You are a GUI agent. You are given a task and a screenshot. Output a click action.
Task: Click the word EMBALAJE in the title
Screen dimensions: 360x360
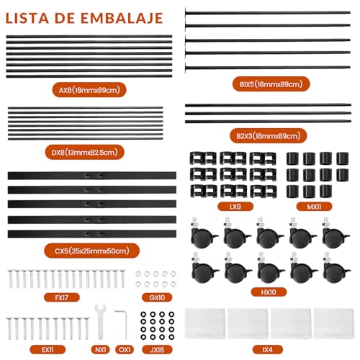tap(122, 18)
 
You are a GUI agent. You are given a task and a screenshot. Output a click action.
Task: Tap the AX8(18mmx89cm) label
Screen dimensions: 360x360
tap(89, 90)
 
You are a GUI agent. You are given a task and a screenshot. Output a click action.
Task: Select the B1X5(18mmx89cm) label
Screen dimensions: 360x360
tap(271, 84)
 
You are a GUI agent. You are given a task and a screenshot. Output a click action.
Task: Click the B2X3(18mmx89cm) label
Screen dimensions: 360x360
tap(269, 136)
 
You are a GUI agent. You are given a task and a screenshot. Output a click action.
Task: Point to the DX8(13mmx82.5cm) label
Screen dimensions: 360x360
tap(84, 152)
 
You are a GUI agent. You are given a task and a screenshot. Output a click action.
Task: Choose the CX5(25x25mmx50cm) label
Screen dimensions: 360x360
tap(92, 251)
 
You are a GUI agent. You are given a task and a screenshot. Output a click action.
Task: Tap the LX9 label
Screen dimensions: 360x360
tap(235, 207)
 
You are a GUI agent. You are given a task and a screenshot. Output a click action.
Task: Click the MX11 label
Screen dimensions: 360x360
tap(314, 207)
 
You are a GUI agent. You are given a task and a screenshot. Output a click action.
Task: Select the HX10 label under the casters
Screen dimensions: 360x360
tap(269, 292)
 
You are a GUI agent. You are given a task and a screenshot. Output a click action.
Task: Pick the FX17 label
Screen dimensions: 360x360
tap(62, 297)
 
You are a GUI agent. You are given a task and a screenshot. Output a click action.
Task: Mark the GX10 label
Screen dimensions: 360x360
tap(157, 297)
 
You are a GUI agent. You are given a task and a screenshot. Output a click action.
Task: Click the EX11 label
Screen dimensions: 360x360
tap(48, 349)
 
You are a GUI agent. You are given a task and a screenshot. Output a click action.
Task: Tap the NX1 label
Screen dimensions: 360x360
tap(100, 349)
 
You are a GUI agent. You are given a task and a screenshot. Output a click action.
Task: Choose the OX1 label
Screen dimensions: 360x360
tap(125, 349)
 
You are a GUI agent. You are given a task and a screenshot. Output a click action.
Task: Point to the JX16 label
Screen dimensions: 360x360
tap(157, 349)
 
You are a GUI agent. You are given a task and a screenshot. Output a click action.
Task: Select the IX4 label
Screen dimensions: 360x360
tap(268, 349)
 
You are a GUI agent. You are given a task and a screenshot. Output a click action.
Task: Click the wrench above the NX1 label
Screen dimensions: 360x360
tap(100, 322)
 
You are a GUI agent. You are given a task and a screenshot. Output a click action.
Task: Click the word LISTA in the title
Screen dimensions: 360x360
tap(27, 18)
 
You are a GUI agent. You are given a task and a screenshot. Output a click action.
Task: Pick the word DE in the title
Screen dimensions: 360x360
tap(65, 18)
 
